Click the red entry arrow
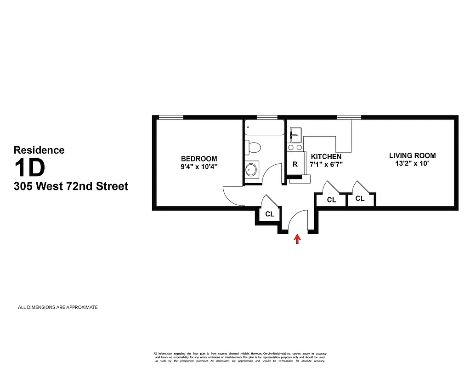coord(297,239)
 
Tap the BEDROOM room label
coord(199,159)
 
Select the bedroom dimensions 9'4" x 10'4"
coord(199,167)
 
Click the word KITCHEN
coord(326,156)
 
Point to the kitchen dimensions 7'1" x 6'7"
coord(326,164)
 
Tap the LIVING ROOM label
coord(412,155)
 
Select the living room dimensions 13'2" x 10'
coord(412,163)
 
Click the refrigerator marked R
coord(295,164)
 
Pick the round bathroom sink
coord(251,169)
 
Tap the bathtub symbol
coord(264,128)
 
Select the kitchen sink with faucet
coord(295,135)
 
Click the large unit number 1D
coord(30,167)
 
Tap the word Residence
coord(39,150)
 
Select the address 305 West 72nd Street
coord(71,186)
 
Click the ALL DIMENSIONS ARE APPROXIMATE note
coord(57,307)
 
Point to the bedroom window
coord(171,117)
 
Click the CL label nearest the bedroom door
coord(270,214)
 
